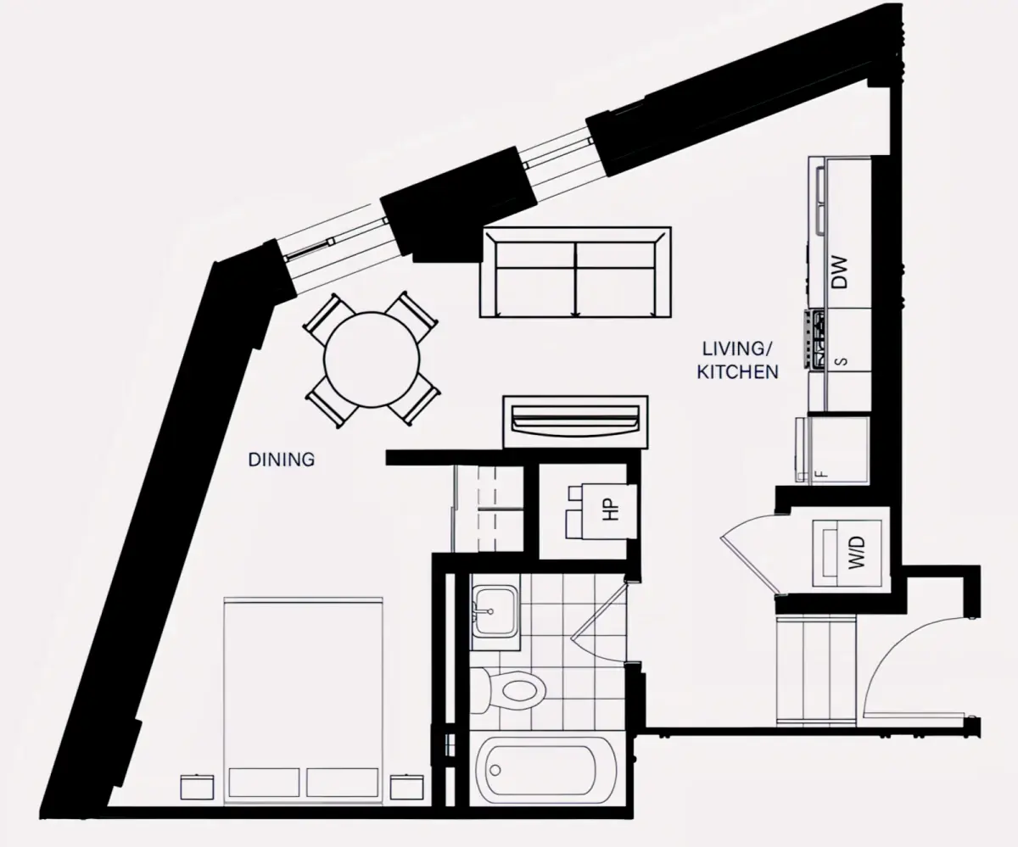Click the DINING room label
(x=282, y=460)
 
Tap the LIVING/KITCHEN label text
(x=737, y=360)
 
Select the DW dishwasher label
(x=840, y=272)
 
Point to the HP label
(x=611, y=510)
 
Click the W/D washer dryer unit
(x=847, y=553)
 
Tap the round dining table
(x=372, y=359)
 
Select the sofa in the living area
(x=575, y=272)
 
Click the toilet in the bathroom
(x=511, y=690)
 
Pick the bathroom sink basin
(x=495, y=612)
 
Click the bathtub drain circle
(x=495, y=771)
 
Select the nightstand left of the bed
(x=197, y=787)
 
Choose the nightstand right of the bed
(x=407, y=787)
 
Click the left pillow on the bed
(x=264, y=783)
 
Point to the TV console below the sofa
(x=576, y=422)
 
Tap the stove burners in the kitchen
(x=815, y=338)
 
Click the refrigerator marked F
(x=833, y=450)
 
